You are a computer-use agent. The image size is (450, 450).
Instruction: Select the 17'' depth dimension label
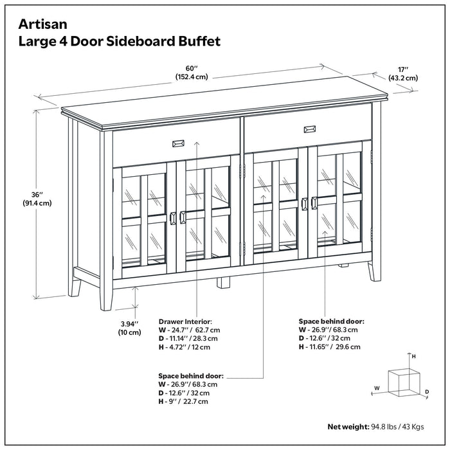coord(403,72)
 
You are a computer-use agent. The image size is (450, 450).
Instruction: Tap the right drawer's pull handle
coord(309,129)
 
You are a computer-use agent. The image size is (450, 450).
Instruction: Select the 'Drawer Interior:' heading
coord(184,321)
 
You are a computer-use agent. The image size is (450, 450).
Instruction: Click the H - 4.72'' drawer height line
coord(184,347)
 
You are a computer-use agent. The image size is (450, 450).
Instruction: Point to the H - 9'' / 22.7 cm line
coord(183,401)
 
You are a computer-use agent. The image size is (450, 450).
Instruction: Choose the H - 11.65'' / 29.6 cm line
coord(329,347)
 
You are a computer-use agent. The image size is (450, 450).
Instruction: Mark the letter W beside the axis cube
coord(377,388)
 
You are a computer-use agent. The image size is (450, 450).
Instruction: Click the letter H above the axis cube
coord(414,355)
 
